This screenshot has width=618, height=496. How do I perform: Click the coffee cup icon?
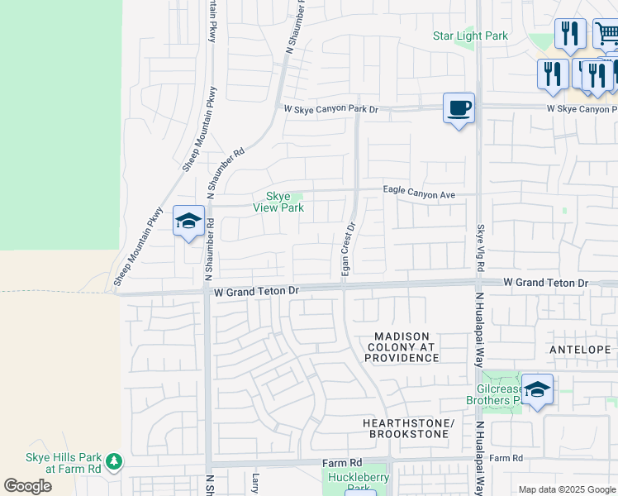459,108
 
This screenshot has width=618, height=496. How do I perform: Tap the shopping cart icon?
606,34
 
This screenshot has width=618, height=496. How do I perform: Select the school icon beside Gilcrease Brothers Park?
537,390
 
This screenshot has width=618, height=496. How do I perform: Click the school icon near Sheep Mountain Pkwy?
188,222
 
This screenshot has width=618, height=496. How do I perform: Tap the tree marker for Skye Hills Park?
113,460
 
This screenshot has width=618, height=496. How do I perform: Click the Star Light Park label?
470,36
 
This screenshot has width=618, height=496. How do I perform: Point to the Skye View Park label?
278,202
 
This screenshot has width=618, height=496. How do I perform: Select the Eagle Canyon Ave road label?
419,191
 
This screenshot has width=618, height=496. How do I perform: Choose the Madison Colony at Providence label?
402,346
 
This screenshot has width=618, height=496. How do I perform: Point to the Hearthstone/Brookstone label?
408,428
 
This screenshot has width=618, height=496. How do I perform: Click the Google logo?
28,485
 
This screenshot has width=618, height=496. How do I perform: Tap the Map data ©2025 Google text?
566,489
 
